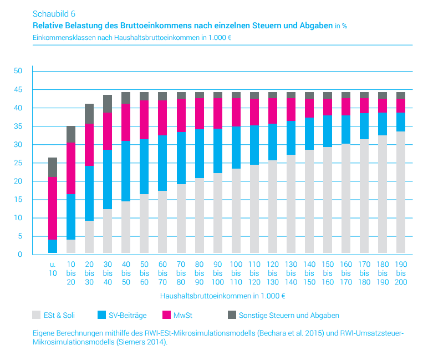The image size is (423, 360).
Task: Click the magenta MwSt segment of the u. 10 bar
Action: (53, 208)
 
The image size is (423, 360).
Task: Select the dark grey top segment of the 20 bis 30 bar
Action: (89, 114)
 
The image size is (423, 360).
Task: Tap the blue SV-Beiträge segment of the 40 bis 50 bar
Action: (126, 171)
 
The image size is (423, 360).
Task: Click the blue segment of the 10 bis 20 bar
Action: (71, 217)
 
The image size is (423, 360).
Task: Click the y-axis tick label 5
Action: (19, 236)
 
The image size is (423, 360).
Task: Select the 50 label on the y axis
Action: (18, 71)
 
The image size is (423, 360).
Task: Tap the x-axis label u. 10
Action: (53, 270)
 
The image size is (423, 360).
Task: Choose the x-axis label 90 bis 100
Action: (218, 274)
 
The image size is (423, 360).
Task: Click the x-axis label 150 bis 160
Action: (328, 274)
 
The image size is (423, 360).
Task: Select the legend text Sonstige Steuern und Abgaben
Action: (289, 315)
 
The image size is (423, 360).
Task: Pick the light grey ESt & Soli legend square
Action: (37, 315)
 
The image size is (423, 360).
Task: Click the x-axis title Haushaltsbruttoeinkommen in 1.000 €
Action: (223, 296)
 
